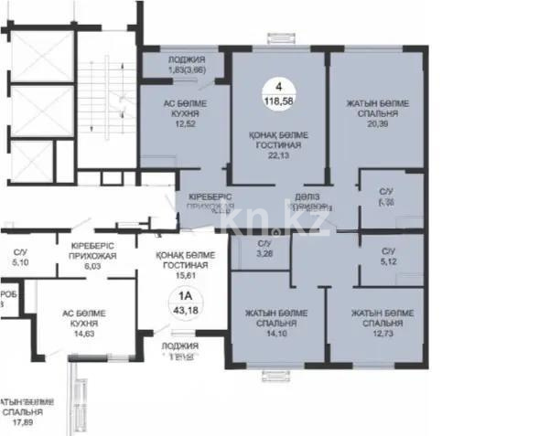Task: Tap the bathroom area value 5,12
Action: coord(388,260)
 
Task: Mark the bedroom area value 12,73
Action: coord(375,333)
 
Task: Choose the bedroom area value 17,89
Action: coord(22,421)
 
